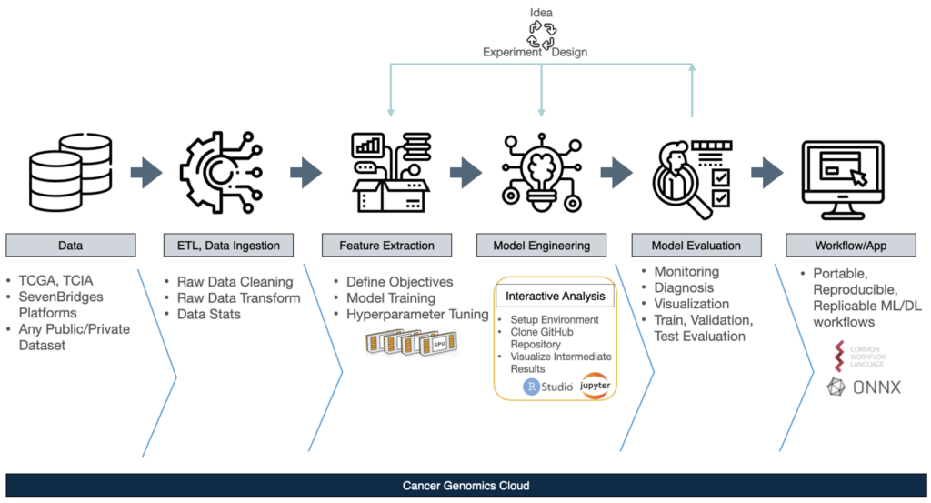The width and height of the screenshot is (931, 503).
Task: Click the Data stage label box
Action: tap(71, 245)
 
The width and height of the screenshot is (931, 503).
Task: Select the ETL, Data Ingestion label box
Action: tap(228, 245)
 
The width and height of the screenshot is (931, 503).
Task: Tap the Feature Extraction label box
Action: tap(386, 245)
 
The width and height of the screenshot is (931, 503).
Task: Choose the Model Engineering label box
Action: tap(541, 245)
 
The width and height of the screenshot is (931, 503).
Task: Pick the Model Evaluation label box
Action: tap(696, 245)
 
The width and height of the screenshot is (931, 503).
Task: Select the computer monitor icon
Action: tap(849, 177)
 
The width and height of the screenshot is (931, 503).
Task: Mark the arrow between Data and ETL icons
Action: tap(145, 171)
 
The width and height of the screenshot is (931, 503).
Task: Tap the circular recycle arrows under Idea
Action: tap(542, 35)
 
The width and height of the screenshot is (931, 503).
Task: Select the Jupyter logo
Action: tap(596, 387)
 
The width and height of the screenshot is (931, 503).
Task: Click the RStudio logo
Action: tap(547, 387)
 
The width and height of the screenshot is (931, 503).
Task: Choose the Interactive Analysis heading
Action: tap(554, 296)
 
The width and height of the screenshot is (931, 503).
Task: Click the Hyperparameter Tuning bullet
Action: tap(416, 315)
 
